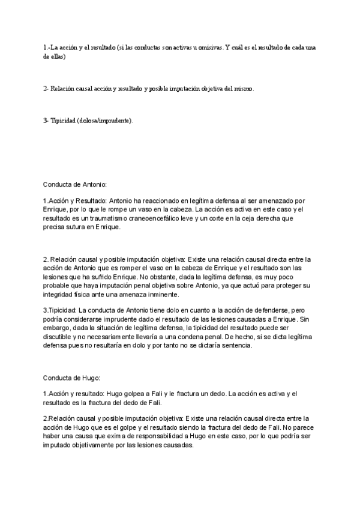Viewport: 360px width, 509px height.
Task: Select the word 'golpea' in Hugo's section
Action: click(x=134, y=393)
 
